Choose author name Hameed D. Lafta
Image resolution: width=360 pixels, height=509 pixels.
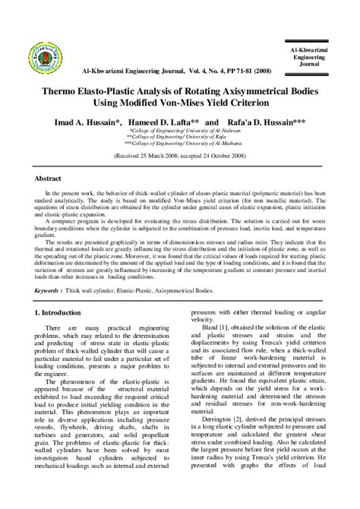pyautogui.click(x=163, y=122)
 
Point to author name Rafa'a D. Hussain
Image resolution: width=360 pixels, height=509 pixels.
pyautogui.click(x=262, y=122)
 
